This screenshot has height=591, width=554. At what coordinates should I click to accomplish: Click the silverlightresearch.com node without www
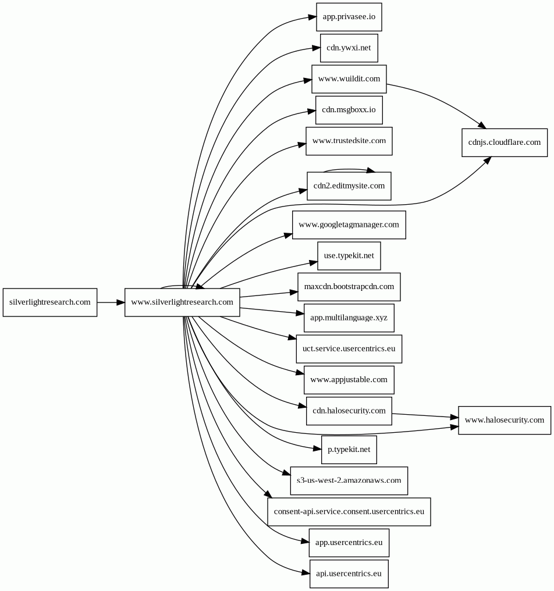(x=50, y=302)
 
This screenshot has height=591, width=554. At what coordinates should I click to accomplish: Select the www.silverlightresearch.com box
(x=182, y=302)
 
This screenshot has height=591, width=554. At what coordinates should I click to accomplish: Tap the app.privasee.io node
(x=349, y=17)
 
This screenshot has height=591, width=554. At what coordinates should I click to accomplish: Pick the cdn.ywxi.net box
(x=349, y=48)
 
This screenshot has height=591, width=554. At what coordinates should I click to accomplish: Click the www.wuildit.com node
(x=349, y=79)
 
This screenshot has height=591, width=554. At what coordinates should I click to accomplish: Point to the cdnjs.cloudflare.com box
(x=505, y=143)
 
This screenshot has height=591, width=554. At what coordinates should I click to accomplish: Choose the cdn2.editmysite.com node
(x=349, y=186)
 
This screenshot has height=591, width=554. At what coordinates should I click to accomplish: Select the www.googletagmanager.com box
(x=349, y=225)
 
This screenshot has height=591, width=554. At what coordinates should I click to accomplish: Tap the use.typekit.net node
(x=349, y=255)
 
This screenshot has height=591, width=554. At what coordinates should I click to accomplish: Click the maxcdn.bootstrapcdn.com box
(x=349, y=287)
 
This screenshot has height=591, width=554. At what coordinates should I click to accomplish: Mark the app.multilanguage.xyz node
(x=349, y=318)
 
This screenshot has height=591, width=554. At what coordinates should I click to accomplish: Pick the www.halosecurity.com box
(x=505, y=420)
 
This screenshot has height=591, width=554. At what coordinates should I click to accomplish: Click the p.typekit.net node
(x=349, y=450)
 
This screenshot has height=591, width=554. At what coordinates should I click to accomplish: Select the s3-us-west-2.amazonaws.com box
(x=349, y=480)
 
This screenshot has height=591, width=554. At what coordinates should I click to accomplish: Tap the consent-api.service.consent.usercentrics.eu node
(x=349, y=511)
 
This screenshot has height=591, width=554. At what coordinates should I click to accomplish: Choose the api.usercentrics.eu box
(x=349, y=574)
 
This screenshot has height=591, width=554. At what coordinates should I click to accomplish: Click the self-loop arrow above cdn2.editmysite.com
(x=349, y=170)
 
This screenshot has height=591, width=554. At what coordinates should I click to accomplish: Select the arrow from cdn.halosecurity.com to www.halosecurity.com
(x=425, y=416)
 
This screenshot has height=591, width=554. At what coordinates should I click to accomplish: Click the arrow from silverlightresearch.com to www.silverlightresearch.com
(x=111, y=302)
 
